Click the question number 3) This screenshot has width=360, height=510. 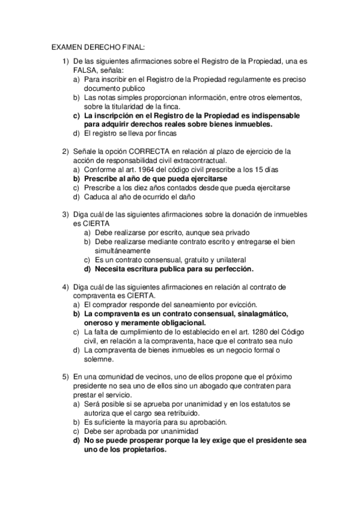point(66,214)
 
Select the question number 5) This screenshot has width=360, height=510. point(66,376)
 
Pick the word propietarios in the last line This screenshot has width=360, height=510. point(137,449)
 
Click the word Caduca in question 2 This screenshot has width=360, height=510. point(96,197)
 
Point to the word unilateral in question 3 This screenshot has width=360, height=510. point(205,260)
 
